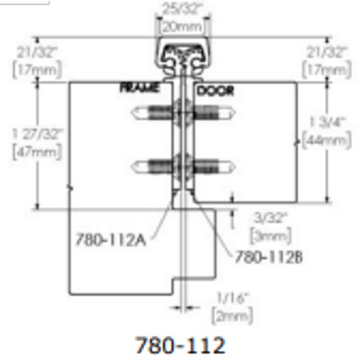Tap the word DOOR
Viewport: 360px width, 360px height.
[x=215, y=90]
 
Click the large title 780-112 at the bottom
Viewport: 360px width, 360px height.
[x=180, y=345]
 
